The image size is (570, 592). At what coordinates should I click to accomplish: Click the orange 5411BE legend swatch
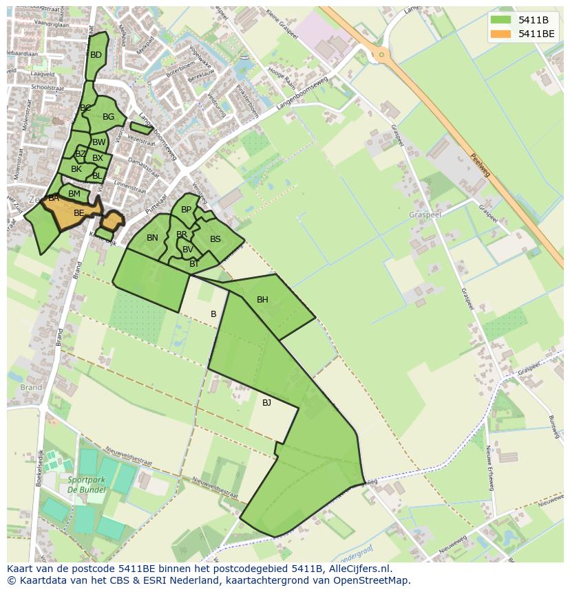(x=500, y=34)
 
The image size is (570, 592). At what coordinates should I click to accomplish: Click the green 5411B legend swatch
(x=500, y=19)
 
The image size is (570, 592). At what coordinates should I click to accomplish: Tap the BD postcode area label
(x=96, y=55)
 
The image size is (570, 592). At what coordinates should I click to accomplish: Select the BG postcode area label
(x=108, y=117)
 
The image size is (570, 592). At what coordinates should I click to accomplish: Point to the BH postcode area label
(x=262, y=300)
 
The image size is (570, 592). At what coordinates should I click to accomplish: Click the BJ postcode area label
(x=266, y=403)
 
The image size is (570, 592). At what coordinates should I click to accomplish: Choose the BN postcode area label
(x=152, y=238)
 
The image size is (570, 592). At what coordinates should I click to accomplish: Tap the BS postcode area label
(x=215, y=239)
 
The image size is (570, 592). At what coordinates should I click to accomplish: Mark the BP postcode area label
(x=186, y=210)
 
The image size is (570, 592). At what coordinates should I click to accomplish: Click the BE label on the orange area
(x=78, y=213)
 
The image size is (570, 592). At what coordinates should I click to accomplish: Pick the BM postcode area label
(x=74, y=194)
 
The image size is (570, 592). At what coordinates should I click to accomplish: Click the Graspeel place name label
(x=425, y=215)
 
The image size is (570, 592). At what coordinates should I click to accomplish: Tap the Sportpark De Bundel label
(x=86, y=484)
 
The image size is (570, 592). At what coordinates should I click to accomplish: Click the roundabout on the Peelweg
(x=381, y=54)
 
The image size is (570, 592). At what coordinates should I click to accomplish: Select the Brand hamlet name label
(x=31, y=387)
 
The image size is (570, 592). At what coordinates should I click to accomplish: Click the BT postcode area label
(x=194, y=264)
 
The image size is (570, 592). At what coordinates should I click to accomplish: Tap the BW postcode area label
(x=98, y=142)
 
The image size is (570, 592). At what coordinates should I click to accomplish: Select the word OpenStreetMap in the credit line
(x=370, y=580)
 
